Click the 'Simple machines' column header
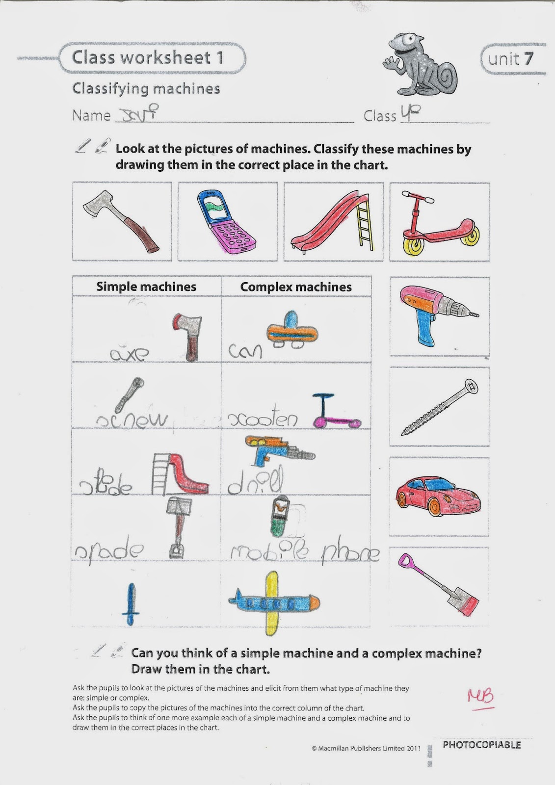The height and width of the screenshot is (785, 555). click(146, 287)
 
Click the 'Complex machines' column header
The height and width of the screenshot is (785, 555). click(296, 288)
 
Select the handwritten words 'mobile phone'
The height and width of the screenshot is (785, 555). click(305, 552)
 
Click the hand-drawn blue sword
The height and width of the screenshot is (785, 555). click(131, 603)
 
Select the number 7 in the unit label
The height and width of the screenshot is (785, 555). click(528, 59)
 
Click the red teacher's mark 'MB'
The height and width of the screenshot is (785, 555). click(480, 697)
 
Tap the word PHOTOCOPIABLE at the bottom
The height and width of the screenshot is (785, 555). click(481, 745)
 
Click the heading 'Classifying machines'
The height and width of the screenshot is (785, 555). click(146, 89)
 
